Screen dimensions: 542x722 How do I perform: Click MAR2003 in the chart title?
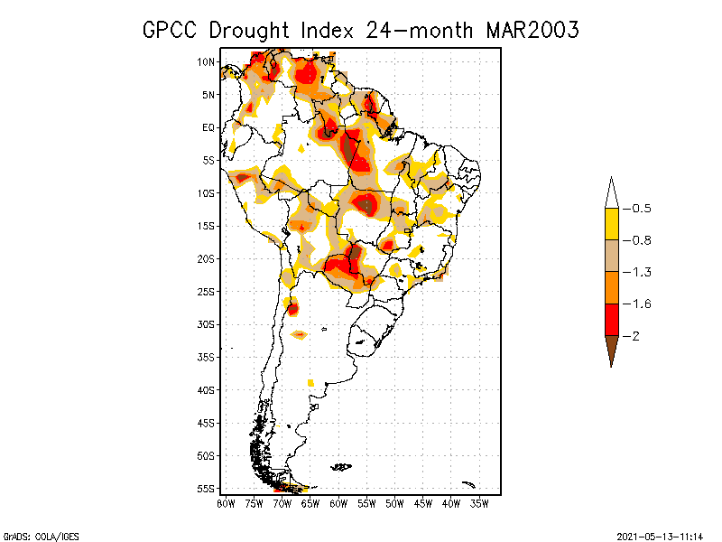click(x=532, y=29)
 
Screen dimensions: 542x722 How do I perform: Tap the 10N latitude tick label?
click(x=207, y=61)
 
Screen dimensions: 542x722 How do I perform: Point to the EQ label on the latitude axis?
click(x=208, y=127)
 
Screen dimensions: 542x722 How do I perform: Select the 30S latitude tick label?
click(x=207, y=324)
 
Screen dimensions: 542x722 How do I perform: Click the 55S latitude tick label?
click(x=207, y=489)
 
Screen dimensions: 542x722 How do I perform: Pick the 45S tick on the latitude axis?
click(x=207, y=423)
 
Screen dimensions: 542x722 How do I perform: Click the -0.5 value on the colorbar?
click(x=639, y=209)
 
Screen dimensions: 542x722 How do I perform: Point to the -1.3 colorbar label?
click(x=639, y=272)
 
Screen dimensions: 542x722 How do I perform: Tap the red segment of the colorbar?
click(x=611, y=319)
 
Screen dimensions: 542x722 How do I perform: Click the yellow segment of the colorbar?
click(x=611, y=224)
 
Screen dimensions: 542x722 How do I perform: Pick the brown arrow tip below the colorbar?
click(x=611, y=351)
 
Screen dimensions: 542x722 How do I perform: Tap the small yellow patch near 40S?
click(x=310, y=383)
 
